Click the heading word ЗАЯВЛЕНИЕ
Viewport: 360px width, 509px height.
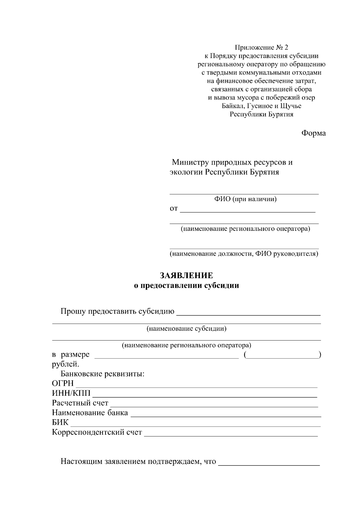[186, 275]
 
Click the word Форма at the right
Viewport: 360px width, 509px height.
[313, 133]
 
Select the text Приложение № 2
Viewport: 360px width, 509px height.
[261, 47]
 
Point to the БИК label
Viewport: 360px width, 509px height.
[60, 423]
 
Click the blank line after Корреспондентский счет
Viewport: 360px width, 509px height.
[231, 436]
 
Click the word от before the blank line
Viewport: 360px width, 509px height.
[174, 209]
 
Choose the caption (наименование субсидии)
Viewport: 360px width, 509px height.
[186, 329]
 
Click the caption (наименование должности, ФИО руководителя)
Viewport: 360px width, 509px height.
[244, 254]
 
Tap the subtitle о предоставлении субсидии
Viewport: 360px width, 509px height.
[186, 285]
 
